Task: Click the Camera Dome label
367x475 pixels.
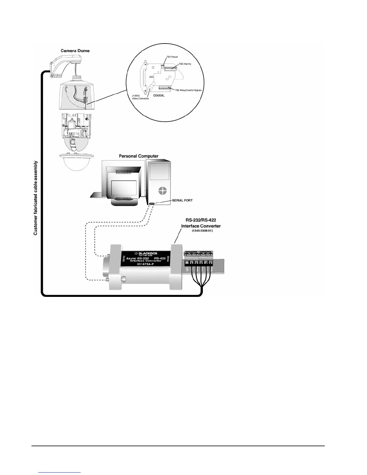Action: (x=75, y=51)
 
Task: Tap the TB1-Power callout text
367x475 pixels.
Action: (x=172, y=57)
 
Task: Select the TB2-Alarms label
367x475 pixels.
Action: (x=185, y=64)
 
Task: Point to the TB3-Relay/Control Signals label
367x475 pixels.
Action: (x=188, y=90)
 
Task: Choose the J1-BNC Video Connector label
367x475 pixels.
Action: (x=140, y=97)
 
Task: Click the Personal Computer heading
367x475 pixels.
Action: (x=139, y=156)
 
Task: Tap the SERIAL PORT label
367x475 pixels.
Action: (x=182, y=200)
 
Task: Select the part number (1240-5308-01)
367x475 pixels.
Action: (x=202, y=231)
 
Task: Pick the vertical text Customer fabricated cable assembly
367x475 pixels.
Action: (x=36, y=198)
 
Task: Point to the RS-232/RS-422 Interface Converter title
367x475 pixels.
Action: (x=201, y=223)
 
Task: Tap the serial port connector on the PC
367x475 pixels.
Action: (x=151, y=204)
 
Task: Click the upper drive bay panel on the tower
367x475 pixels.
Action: (x=160, y=171)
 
